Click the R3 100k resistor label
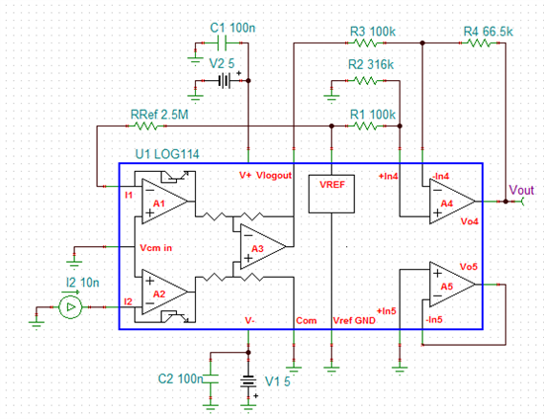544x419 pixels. tap(373, 32)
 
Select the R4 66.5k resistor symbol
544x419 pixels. tap(479, 42)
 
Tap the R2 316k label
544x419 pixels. tap(371, 64)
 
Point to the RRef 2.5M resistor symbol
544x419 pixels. tap(146, 126)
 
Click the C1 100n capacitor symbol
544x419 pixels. tap(222, 42)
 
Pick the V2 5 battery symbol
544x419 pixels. tap(225, 81)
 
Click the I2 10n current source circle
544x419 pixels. tap(70, 307)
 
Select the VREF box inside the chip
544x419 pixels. tap(331, 194)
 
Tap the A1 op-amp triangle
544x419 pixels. tap(164, 202)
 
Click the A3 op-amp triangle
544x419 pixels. tap(263, 247)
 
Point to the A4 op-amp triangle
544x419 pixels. tap(452, 202)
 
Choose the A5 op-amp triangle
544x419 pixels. tap(452, 285)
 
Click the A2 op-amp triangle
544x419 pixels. tap(164, 293)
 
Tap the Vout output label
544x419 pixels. tap(521, 191)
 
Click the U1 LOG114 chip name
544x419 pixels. tap(167, 154)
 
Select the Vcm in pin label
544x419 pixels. tap(155, 248)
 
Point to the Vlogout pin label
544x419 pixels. tap(274, 176)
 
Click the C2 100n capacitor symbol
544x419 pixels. tap(211, 378)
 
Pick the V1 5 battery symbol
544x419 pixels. tap(248, 381)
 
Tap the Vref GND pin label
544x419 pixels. tap(354, 320)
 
